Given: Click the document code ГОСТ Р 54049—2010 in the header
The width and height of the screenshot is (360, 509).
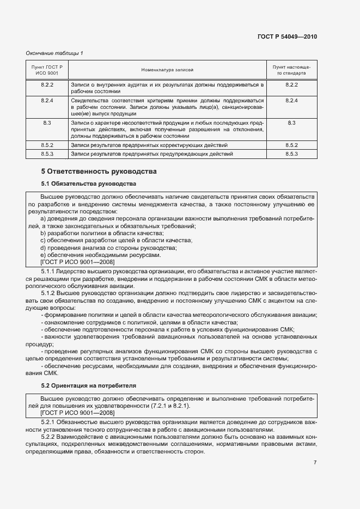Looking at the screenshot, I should (x=286, y=36).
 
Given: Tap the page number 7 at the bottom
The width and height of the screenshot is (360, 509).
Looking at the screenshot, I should (x=315, y=463).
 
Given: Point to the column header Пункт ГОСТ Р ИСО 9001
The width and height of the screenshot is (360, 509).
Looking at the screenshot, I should (x=47, y=69).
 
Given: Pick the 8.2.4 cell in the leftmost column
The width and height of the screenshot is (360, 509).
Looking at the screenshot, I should (x=47, y=101).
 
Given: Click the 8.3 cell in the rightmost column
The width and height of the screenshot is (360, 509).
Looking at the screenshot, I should (x=291, y=123).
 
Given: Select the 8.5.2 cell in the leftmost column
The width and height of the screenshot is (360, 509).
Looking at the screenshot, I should (x=47, y=146).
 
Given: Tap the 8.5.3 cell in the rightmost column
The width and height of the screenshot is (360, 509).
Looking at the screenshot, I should (x=291, y=154).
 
